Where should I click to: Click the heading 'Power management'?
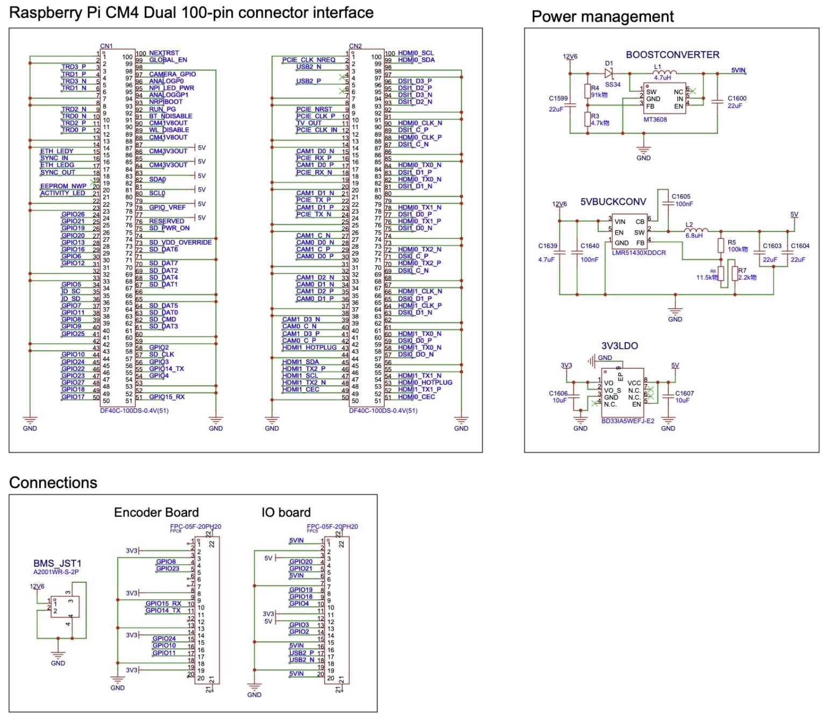coord(602,17)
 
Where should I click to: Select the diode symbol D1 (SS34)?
coord(609,74)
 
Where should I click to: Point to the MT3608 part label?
coord(655,119)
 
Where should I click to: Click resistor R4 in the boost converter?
coord(587,91)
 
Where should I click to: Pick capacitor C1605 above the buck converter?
coord(668,203)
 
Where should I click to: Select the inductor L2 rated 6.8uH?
coord(696,231)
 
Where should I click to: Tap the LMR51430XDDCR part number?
coord(639,252)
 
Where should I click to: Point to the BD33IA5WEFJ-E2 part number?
coord(627,421)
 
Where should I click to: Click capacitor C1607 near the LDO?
coord(668,397)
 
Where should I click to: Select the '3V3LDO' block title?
coord(619,346)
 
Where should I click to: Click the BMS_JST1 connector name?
coord(57,563)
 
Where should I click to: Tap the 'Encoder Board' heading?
coord(156,512)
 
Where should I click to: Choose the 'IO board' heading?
coord(286,512)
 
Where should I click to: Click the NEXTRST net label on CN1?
coord(164,53)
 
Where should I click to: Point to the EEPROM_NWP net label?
coord(63,186)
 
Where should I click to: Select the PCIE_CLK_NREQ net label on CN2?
coord(308,60)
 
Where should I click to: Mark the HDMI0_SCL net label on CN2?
coord(415,53)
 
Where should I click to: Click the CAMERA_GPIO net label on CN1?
coord(172,74)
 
